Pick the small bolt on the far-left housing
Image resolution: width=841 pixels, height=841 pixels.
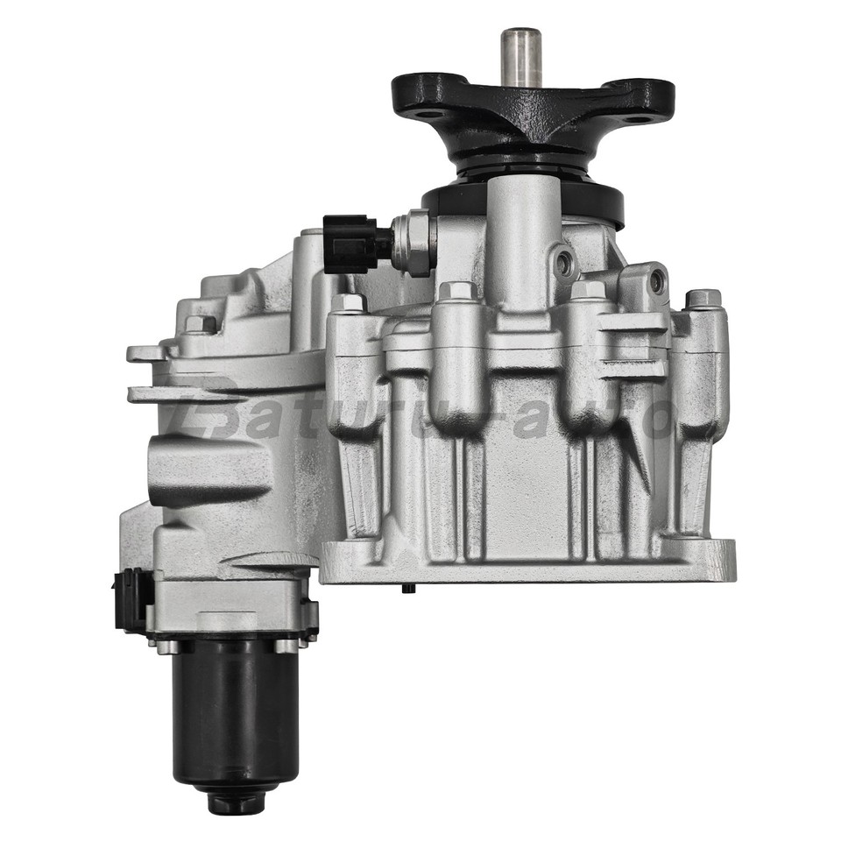point(200,324)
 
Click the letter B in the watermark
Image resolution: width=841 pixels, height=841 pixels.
point(213,412)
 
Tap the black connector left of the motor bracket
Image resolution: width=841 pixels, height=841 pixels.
point(130,600)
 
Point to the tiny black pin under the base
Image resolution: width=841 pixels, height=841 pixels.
point(407,588)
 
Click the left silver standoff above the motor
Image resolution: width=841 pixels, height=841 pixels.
point(166,647)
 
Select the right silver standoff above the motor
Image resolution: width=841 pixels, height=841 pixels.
point(286,647)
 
